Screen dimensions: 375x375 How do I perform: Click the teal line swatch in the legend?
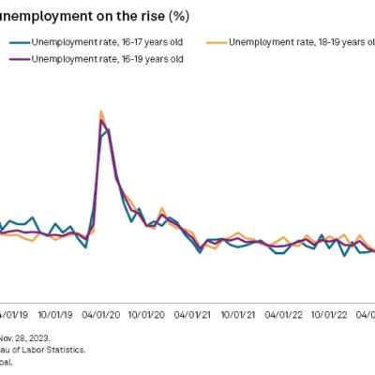(20, 42)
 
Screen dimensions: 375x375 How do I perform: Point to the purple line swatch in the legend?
(20, 58)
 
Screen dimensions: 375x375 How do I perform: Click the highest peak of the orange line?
(101, 112)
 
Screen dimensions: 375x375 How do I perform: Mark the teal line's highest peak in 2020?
(109, 128)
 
